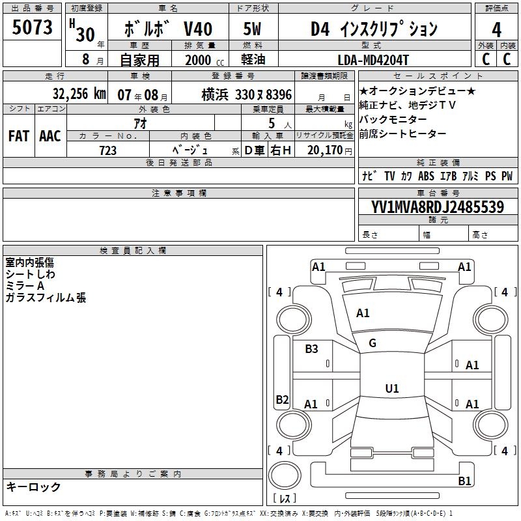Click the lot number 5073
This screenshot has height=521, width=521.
point(32,27)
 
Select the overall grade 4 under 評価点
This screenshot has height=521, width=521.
point(496,29)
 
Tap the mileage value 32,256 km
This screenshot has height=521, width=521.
point(79,94)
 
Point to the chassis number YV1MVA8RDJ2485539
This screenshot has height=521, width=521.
point(438,207)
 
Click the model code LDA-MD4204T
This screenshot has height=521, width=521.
point(373,60)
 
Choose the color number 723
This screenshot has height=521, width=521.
point(107,150)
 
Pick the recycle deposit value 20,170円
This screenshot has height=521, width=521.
point(330,150)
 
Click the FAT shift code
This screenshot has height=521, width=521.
point(19,136)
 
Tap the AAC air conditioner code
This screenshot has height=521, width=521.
point(50,136)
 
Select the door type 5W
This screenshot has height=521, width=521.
point(252,29)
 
